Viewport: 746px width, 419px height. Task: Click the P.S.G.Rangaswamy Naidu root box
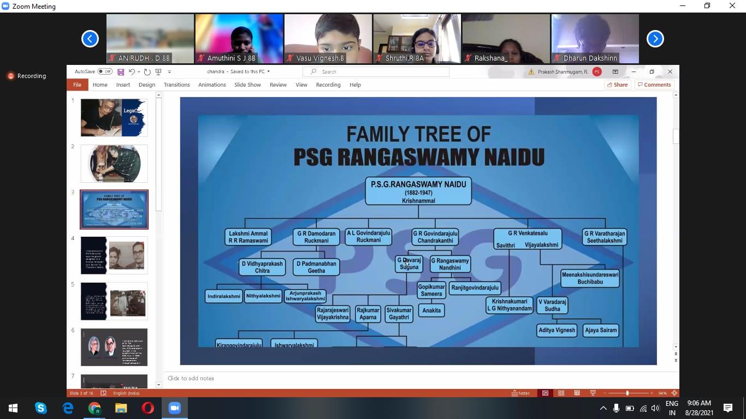pyautogui.click(x=418, y=190)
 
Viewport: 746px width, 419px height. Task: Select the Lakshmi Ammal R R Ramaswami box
pyautogui.click(x=248, y=237)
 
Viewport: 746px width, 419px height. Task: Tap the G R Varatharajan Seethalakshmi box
pyautogui.click(x=604, y=237)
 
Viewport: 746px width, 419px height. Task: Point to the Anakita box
pyautogui.click(x=431, y=310)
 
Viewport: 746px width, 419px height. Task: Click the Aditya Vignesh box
pyautogui.click(x=556, y=330)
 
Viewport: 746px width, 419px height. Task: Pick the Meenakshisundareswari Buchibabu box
pyautogui.click(x=589, y=278)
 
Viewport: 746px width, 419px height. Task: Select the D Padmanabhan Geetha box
pyautogui.click(x=316, y=267)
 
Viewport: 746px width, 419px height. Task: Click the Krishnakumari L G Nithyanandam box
pyautogui.click(x=509, y=305)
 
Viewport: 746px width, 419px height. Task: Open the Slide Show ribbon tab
pyautogui.click(x=247, y=85)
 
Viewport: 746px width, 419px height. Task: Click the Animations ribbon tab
pyautogui.click(x=212, y=85)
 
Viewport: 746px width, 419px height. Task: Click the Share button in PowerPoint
pyautogui.click(x=617, y=85)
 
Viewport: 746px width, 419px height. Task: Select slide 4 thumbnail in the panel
pyautogui.click(x=114, y=255)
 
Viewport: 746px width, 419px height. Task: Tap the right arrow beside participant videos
pyautogui.click(x=655, y=39)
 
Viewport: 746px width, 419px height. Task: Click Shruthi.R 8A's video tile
pyautogui.click(x=417, y=38)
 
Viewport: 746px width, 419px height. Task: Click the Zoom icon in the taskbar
pyautogui.click(x=174, y=408)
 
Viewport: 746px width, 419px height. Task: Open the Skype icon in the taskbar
pyautogui.click(x=40, y=408)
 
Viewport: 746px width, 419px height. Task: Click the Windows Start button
pyautogui.click(x=13, y=408)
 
